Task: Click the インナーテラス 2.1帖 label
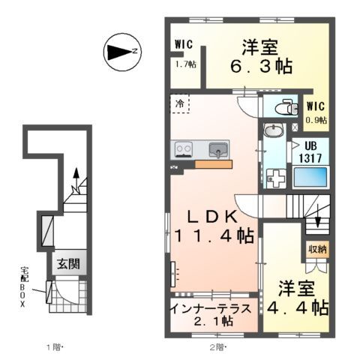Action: pos(214,314)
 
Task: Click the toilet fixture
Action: pos(284,106)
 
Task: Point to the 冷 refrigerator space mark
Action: pos(181,102)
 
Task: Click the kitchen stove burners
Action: pos(183,149)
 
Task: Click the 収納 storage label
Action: pos(316,249)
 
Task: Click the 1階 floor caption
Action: pos(56,347)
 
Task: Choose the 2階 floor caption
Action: pos(217,347)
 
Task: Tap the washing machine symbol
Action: pos(274,179)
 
